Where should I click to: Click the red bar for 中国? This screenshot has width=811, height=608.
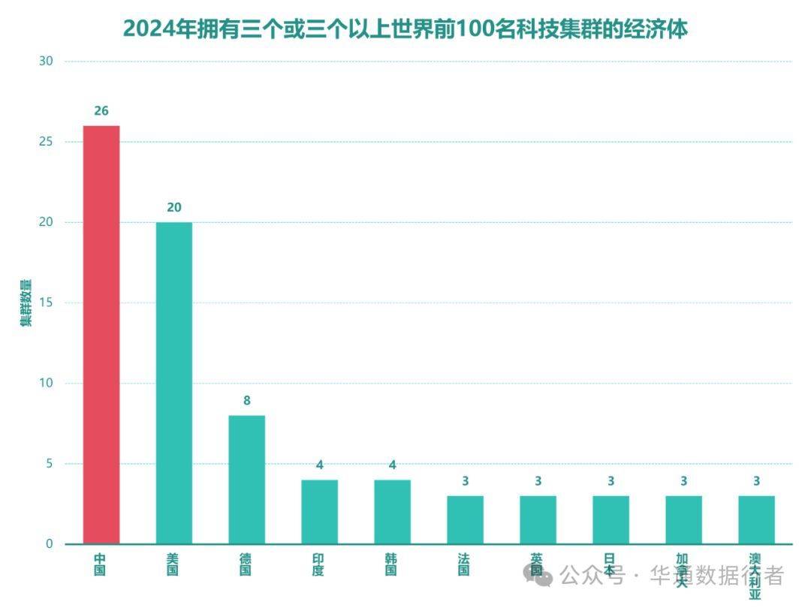[x=101, y=334]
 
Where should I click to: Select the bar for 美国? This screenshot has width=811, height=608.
[x=174, y=383]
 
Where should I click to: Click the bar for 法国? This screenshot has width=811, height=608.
[x=465, y=519]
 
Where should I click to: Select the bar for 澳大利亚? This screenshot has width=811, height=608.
[x=756, y=519]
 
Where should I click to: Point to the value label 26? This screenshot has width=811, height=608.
[x=101, y=111]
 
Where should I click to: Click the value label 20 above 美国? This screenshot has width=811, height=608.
[x=174, y=208]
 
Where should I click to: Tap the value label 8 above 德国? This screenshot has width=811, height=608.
[x=246, y=401]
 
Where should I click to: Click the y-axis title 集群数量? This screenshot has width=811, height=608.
[x=26, y=302]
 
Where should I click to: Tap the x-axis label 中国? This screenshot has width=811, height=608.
[x=100, y=564]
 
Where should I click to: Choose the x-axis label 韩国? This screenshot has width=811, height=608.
[x=391, y=564]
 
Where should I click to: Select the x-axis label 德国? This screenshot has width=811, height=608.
[x=246, y=564]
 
